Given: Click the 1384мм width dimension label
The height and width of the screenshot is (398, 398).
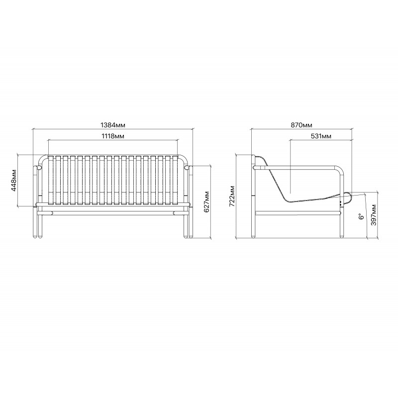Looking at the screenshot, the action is click(113, 125).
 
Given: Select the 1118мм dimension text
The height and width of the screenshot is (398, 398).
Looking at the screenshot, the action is click(113, 136).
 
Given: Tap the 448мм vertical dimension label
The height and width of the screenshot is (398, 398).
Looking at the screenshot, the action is click(14, 181).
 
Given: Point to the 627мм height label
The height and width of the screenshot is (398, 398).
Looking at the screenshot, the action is click(206, 202).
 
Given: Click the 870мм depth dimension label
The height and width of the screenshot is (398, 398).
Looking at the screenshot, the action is click(301, 125).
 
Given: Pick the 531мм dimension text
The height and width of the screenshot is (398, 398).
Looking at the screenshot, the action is click(321, 136).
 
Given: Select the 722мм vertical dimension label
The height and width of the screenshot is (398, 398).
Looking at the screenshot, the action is click(232, 196).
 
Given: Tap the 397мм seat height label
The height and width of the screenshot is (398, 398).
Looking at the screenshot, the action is click(374, 215).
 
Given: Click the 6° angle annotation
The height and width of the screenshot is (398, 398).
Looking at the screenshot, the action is click(361, 216).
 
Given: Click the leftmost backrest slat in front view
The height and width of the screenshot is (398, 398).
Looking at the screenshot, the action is click(51, 180).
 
